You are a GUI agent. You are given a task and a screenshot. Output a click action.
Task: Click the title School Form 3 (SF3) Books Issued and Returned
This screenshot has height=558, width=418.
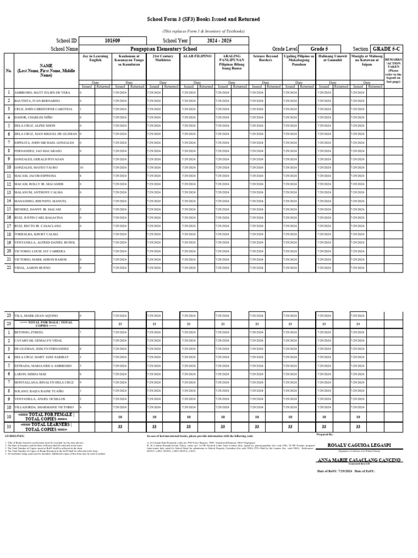[204, 20]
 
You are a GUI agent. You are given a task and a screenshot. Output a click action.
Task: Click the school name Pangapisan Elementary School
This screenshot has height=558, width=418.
[164, 49]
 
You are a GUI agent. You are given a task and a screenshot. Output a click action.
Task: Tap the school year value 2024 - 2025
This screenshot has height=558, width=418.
[219, 41]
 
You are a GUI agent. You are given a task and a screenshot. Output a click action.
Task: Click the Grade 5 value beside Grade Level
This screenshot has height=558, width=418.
[319, 49]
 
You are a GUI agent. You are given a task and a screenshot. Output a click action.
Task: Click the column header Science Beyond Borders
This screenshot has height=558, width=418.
[265, 58]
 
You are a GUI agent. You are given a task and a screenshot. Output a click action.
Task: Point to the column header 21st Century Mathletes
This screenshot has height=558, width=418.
[163, 58]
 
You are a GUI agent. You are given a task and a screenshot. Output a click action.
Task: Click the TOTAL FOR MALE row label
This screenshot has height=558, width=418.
[46, 323]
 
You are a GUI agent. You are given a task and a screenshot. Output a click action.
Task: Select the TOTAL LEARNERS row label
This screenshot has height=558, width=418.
[46, 426]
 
